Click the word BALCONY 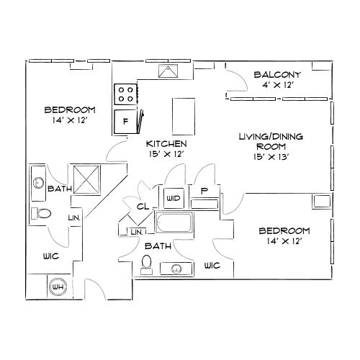(x=277, y=74)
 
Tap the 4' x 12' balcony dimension (x=277, y=85)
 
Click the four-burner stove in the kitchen (x=126, y=94)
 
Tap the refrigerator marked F (x=126, y=122)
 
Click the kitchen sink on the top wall (x=171, y=71)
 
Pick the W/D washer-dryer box (x=173, y=197)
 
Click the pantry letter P (x=204, y=192)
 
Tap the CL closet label (x=143, y=206)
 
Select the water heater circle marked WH (x=57, y=287)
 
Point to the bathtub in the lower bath (x=174, y=225)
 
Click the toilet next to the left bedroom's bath (x=41, y=213)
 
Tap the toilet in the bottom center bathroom (x=148, y=264)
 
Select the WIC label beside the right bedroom (x=212, y=266)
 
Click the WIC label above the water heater (x=41, y=256)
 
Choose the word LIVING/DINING (x=270, y=135)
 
